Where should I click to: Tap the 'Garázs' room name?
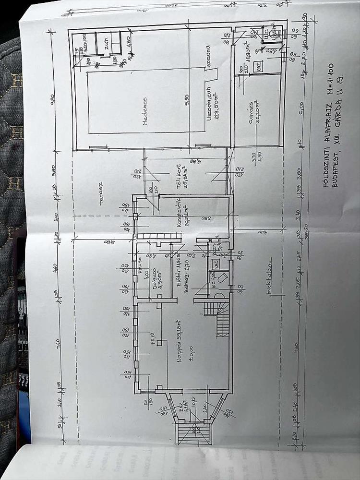[x=251, y=112]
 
